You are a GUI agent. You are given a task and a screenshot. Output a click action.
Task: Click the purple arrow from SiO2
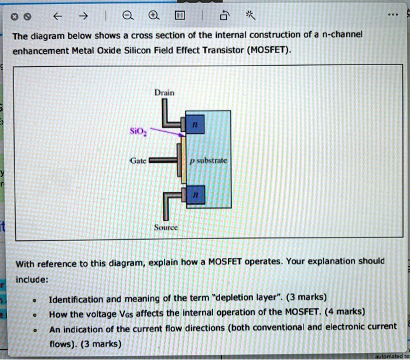167,131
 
